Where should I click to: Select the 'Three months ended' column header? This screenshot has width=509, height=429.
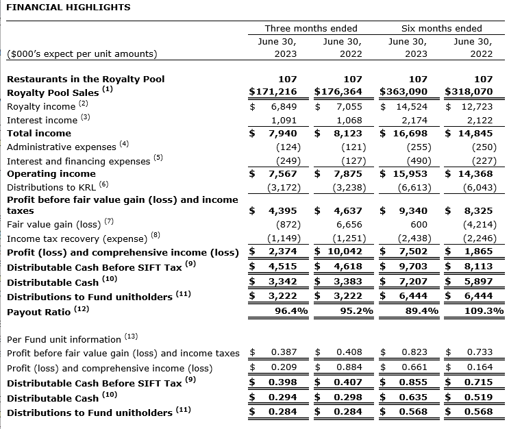click(x=311, y=28)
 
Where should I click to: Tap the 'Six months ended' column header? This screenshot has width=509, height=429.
click(x=441, y=28)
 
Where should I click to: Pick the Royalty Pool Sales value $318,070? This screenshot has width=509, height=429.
click(x=469, y=91)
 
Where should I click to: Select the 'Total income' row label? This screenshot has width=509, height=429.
click(x=39, y=133)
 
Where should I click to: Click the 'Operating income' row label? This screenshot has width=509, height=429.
click(x=51, y=173)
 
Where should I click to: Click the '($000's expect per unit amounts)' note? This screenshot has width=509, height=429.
click(x=82, y=53)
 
